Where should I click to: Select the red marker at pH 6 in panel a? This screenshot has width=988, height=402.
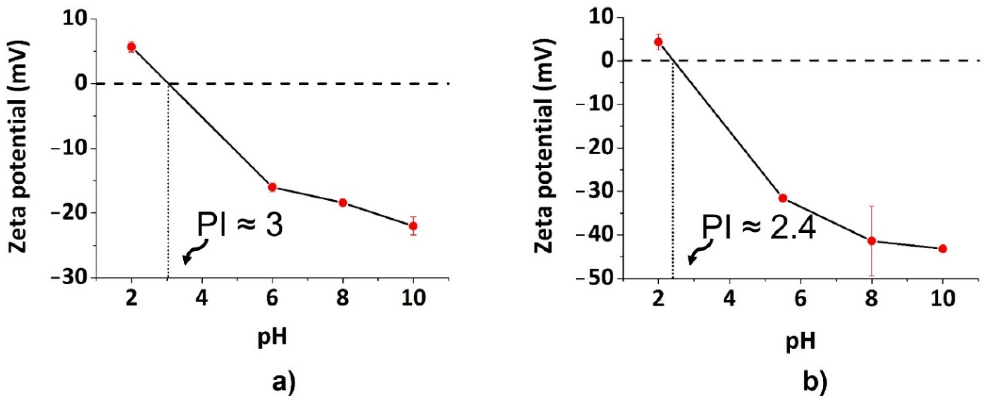click(272, 187)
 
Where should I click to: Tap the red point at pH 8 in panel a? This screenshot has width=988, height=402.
click(343, 203)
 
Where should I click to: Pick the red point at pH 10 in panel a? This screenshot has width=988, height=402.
click(413, 226)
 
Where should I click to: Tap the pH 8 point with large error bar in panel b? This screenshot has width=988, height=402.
click(872, 241)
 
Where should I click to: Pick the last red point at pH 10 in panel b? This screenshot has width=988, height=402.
click(943, 249)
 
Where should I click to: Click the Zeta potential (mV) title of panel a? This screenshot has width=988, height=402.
click(19, 148)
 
